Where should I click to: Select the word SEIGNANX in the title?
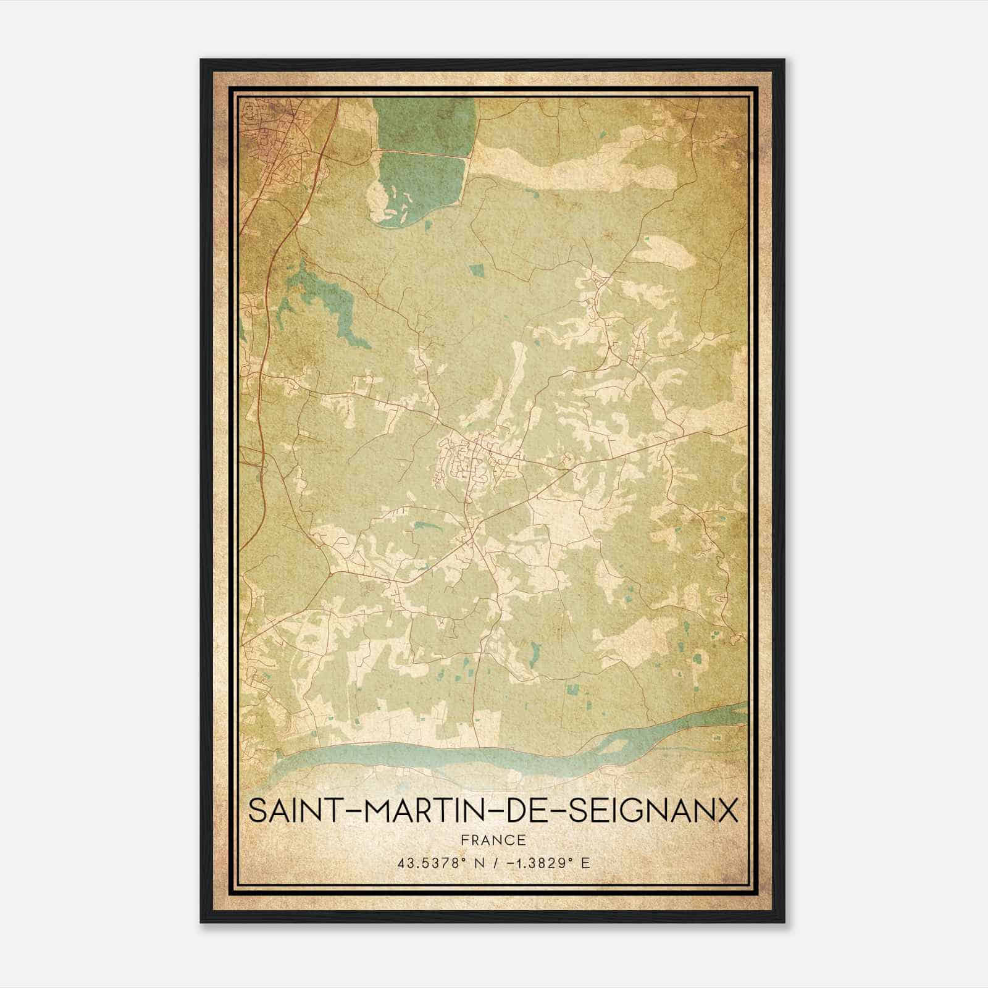[653, 811]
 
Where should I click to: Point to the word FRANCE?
[493, 840]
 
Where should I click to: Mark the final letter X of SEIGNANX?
[728, 811]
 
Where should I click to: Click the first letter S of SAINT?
[257, 811]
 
